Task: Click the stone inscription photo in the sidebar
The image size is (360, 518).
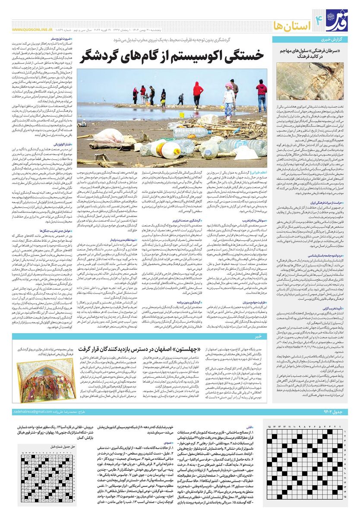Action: point(317,82)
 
